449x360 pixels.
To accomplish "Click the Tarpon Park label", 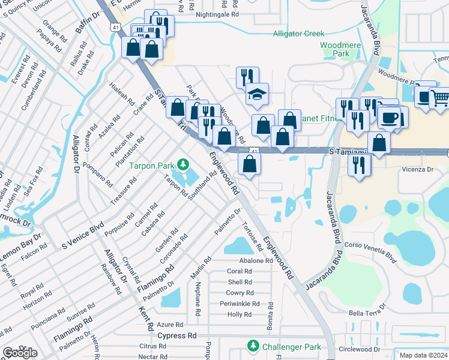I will [x=153, y=165].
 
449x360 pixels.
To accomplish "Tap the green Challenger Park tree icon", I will [x=253, y=346].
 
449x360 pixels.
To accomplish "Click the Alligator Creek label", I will [x=298, y=34].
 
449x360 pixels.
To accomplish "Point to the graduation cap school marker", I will [x=257, y=94].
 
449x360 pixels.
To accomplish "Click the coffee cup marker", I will [x=388, y=117].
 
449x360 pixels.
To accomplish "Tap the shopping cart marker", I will [x=439, y=97].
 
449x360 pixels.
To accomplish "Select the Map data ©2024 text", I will [x=423, y=355].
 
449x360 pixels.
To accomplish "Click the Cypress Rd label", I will [x=177, y=336].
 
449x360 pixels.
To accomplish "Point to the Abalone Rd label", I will [x=256, y=261].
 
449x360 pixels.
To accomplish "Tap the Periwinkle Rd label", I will [x=239, y=304].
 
